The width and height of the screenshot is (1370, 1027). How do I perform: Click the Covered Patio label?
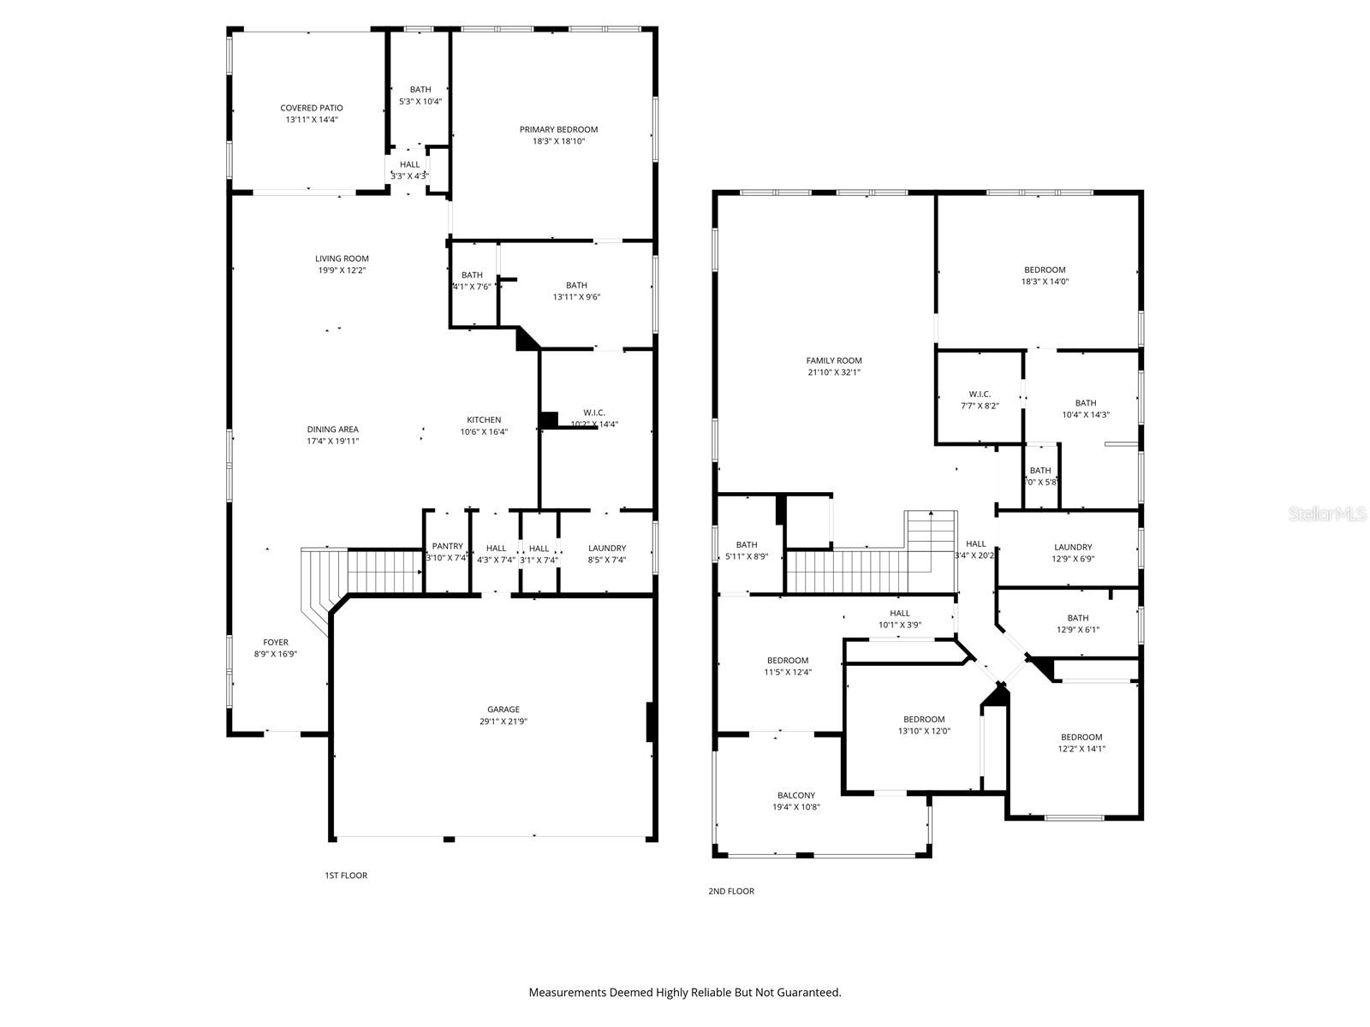point(312,108)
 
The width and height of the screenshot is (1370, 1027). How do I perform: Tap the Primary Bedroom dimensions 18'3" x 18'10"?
point(558,141)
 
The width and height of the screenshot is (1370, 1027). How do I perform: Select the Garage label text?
point(503,709)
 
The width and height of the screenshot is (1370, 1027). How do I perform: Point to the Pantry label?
point(447,546)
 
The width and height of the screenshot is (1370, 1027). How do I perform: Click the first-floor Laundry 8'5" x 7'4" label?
point(607,554)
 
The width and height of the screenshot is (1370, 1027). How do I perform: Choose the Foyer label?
point(276,642)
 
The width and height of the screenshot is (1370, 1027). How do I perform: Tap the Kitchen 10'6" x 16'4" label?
point(484,425)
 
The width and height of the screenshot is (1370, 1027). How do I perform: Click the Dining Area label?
point(333,430)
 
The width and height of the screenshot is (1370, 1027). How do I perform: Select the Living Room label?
point(342,258)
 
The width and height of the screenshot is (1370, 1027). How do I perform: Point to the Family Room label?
point(834,360)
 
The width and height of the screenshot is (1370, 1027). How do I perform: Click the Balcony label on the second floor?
point(796,795)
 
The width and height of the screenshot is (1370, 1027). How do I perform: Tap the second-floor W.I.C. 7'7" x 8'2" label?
point(980,400)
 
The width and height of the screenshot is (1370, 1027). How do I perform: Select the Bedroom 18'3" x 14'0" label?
point(1045,275)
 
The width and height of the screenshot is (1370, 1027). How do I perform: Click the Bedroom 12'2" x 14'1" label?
point(1081,742)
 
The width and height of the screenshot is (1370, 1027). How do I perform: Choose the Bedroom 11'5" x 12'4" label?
point(788,666)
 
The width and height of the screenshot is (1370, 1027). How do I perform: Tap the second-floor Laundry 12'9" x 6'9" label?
point(1073,553)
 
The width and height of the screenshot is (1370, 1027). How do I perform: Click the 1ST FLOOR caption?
point(346,876)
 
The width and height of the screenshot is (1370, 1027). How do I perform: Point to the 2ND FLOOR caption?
point(731,891)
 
